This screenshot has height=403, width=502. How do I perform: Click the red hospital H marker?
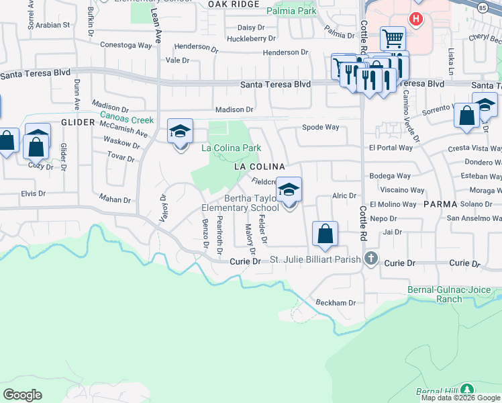coord(416,19)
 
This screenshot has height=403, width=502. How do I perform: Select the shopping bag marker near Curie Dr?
coord(325,234)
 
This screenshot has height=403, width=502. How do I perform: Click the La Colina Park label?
coord(231,148)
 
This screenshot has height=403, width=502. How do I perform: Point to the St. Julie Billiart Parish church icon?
coord(371,259)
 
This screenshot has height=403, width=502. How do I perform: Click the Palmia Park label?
coord(291,11)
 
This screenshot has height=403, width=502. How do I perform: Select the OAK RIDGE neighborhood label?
coord(233,4)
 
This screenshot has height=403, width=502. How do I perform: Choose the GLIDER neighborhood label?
coord(74,123)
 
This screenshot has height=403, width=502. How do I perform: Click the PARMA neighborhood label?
coord(440,204)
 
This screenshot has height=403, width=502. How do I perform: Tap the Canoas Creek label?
coord(127,120)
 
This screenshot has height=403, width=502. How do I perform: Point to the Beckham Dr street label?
coord(336,303)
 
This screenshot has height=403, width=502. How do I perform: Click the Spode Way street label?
coord(321,127)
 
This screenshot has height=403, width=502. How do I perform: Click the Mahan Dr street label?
coord(114,199)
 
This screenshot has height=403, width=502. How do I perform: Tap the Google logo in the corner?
coord(23,395)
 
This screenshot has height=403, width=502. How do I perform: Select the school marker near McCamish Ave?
coord(180,132)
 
